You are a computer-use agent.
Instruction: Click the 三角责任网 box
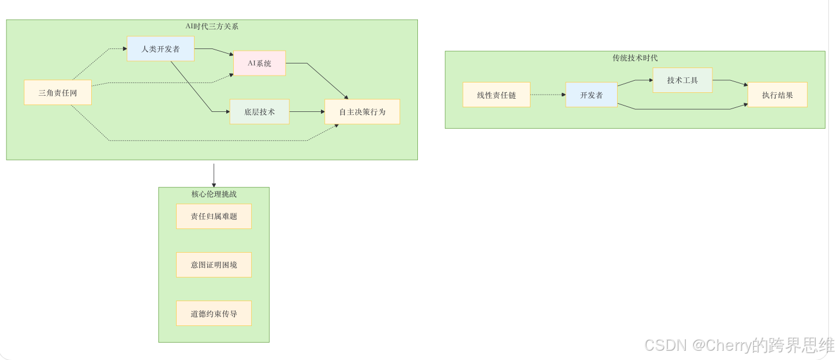[x=58, y=92]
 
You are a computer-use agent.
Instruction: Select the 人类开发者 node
[x=160, y=49]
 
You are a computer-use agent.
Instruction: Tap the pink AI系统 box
[x=259, y=63]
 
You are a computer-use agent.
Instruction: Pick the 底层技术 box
[x=259, y=112]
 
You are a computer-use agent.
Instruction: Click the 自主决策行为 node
[x=362, y=112]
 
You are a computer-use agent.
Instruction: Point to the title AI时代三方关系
[x=212, y=27]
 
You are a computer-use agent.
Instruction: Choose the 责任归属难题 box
[x=214, y=216]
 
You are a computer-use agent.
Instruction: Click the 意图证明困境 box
[x=214, y=265]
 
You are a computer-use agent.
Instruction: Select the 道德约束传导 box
[x=214, y=313]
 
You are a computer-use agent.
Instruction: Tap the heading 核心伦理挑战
[x=214, y=194]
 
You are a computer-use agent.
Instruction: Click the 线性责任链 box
[x=496, y=95]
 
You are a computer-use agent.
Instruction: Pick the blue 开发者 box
[x=591, y=95]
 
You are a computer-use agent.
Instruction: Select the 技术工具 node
[x=682, y=80]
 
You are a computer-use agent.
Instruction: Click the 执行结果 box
[x=777, y=95]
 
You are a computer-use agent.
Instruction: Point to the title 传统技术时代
[x=635, y=58]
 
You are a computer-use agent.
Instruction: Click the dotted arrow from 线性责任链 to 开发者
[x=547, y=95]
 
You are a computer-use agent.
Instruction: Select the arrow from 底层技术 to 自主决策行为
[x=307, y=111]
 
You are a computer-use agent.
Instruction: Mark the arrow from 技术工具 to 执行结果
[x=730, y=82]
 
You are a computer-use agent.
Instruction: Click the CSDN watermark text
[x=739, y=345]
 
